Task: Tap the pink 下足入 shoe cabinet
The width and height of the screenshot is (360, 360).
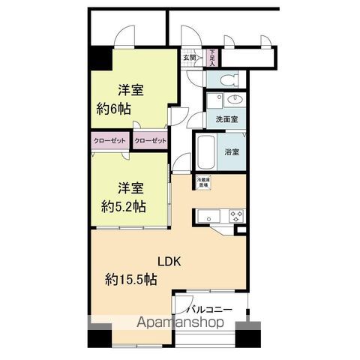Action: coord(213,58)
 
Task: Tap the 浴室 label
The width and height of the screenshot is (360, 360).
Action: coord(232,152)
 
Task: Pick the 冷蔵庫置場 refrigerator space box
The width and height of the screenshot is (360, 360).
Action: coord(202,182)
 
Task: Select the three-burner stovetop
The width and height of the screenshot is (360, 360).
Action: coord(236,217)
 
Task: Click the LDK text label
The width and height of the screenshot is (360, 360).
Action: coord(169,262)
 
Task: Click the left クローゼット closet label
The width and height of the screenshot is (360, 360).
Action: coord(109,140)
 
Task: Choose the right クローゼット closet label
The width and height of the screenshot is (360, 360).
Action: coord(151,140)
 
